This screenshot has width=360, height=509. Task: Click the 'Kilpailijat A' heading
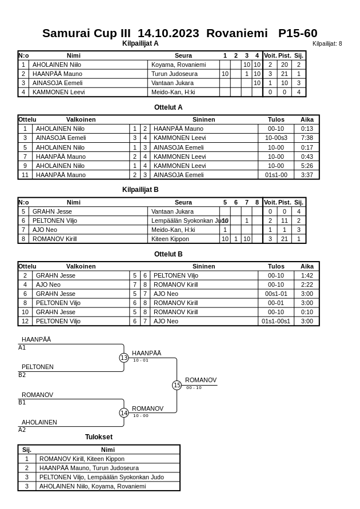pyautogui.click(x=140, y=43)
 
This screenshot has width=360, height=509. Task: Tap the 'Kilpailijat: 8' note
pyautogui.click(x=327, y=43)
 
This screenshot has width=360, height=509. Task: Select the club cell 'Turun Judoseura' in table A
pyautogui.click(x=174, y=74)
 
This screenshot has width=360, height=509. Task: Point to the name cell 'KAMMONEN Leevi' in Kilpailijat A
pyautogui.click(x=58, y=92)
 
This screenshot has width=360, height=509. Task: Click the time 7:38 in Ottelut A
pyautogui.click(x=307, y=138)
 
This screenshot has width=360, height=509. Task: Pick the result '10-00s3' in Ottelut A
pyautogui.click(x=276, y=138)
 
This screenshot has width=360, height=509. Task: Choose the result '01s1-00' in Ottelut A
pyautogui.click(x=276, y=175)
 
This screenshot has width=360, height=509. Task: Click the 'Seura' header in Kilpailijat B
pyautogui.click(x=183, y=202)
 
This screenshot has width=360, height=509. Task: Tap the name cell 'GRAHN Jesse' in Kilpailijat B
pyautogui.click(x=52, y=211)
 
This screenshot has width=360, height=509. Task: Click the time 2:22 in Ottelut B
pyautogui.click(x=307, y=284)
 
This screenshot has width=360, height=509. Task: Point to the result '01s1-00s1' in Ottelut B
pyautogui.click(x=276, y=321)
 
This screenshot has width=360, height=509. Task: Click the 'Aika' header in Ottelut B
pyautogui.click(x=307, y=266)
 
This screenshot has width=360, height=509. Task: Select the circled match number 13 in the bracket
pyautogui.click(x=124, y=358)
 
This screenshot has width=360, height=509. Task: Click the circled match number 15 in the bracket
pyautogui.click(x=177, y=386)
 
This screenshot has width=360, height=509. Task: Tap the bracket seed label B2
pyautogui.click(x=22, y=375)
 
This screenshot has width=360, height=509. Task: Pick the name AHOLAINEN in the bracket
pyautogui.click(x=39, y=422)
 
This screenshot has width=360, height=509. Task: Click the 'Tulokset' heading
pyautogui.click(x=99, y=437)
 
